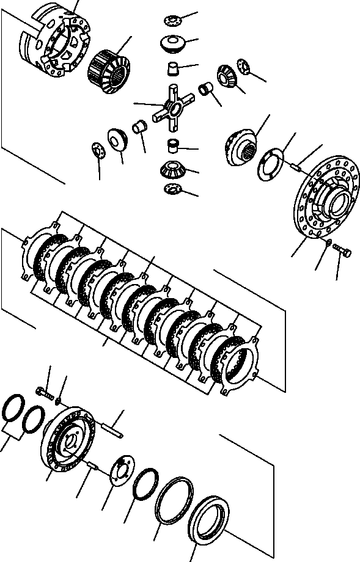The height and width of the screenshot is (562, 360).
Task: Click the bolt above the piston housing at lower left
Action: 43,392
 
